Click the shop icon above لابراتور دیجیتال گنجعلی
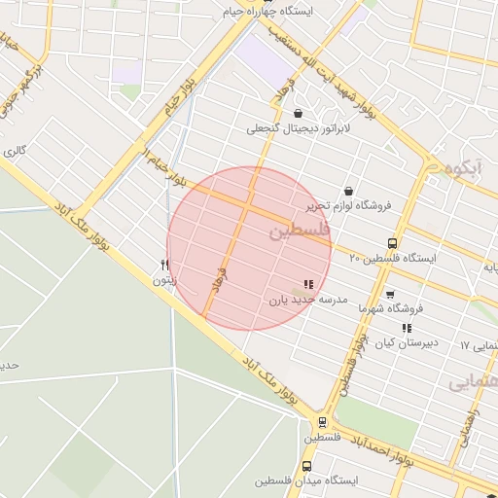tap(297, 113)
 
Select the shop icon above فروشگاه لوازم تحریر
tap(348, 191)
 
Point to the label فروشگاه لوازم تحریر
tap(349, 205)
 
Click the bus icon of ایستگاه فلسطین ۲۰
tap(392, 243)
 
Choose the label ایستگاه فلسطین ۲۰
tap(393, 259)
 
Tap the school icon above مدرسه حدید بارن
tap(308, 285)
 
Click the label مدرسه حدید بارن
tap(308, 301)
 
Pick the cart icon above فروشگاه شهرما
tap(390, 294)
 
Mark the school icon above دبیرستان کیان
tap(407, 329)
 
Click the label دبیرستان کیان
tap(408, 343)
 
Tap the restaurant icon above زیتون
tap(164, 265)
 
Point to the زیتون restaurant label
tap(164, 280)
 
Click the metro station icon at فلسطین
tap(322, 422)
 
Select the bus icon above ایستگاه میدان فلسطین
tap(307, 466)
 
